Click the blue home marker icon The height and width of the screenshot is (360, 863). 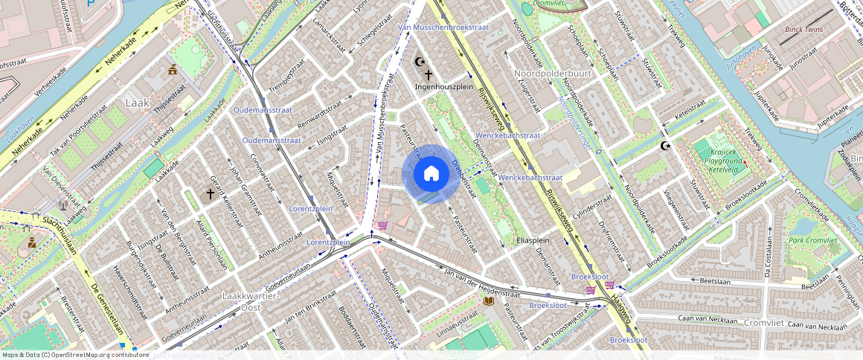click(431, 174)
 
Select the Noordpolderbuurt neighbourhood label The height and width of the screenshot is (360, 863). click(552, 74)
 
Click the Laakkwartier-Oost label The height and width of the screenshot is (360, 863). click(251, 301)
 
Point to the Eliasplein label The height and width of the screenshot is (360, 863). click(532, 240)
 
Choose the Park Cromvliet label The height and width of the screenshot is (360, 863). click(813, 240)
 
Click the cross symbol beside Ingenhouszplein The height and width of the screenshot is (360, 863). click(429, 74)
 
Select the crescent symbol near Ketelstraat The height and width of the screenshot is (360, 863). click(664, 146)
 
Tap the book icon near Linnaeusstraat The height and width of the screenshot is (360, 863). click(488, 300)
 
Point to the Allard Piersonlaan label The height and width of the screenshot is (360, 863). click(211, 244)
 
